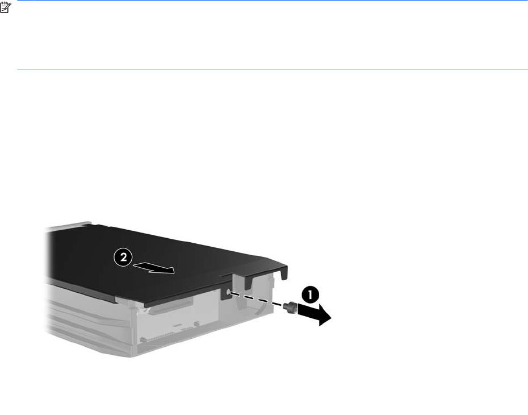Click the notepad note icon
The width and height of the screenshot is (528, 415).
click(6, 8)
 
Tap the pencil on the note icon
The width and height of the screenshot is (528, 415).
click(8, 7)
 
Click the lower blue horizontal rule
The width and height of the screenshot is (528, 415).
click(273, 69)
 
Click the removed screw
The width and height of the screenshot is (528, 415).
click(291, 308)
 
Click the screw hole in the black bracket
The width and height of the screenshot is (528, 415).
click(228, 292)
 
